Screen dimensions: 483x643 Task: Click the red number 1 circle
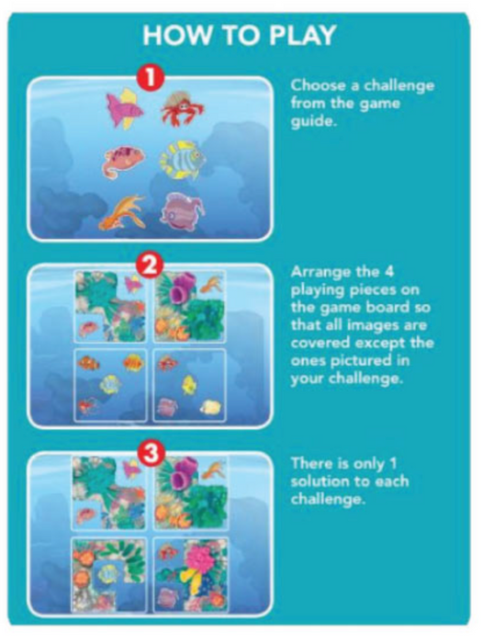point(151,77)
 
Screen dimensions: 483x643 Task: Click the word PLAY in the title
point(303,35)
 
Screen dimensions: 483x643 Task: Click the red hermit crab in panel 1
point(183,107)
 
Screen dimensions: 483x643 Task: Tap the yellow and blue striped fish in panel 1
point(183,160)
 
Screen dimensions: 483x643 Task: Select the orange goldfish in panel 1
point(122,213)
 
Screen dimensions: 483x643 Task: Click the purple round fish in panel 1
point(184,211)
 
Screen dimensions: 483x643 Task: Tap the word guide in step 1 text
point(313,122)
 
